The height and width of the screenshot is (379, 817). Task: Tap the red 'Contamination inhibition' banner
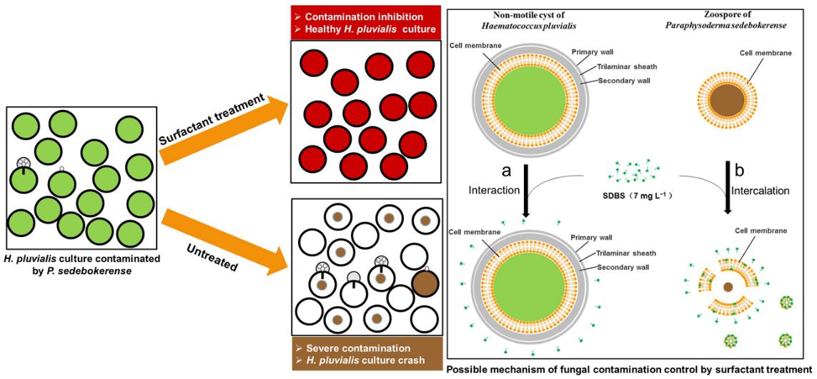coord(367,21)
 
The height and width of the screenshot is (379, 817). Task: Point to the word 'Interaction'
coord(492,191)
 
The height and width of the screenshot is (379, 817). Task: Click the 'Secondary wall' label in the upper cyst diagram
coord(619,81)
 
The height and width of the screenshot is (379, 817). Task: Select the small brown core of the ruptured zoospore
coord(728,287)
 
